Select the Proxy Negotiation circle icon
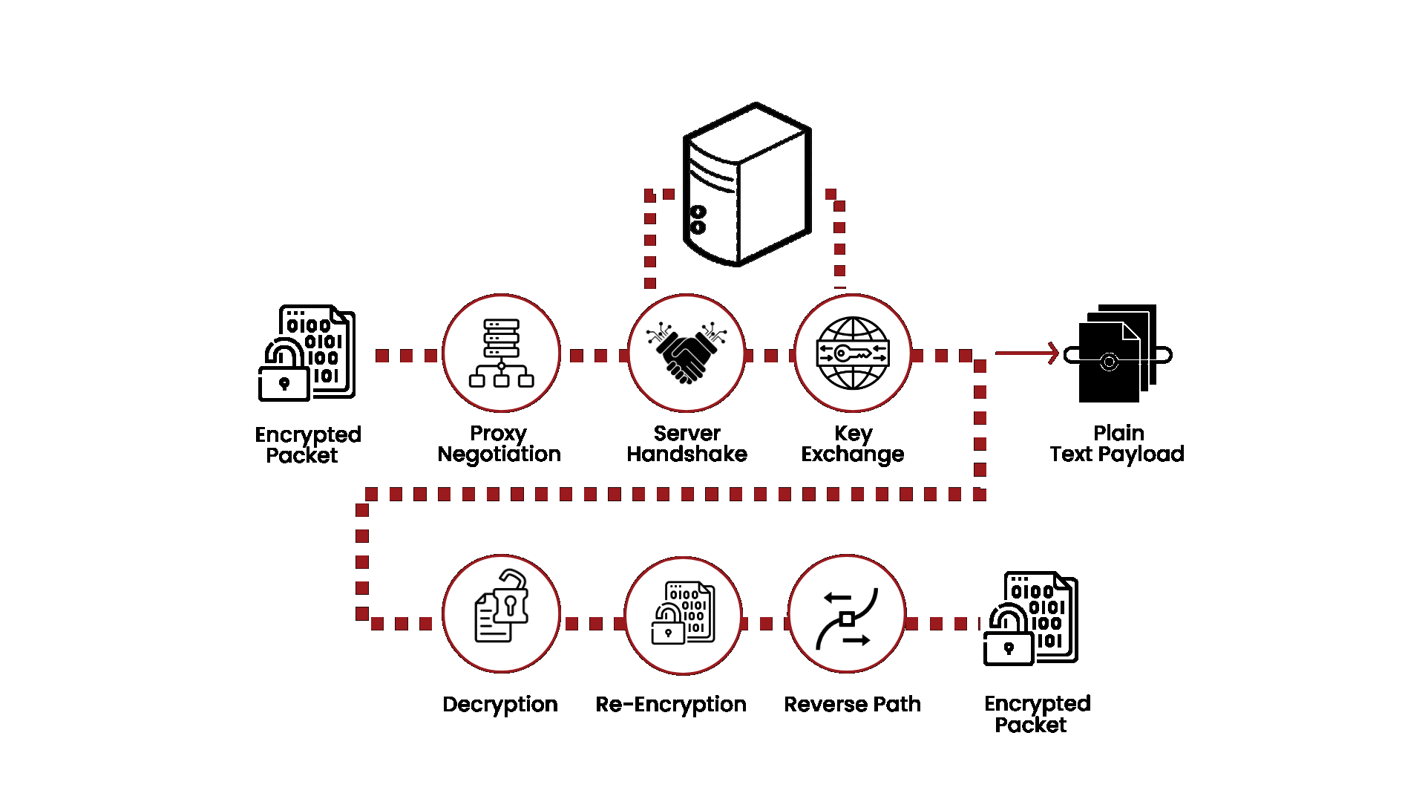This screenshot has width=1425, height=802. point(502,353)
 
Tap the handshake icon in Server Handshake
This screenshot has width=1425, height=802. point(687,353)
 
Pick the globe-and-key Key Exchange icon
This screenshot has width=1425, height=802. point(853,353)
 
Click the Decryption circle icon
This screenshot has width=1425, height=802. point(502,614)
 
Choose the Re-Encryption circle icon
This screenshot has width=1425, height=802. point(684,614)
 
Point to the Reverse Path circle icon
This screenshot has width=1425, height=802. point(847,614)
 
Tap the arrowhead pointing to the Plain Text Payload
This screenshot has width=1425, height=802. point(1052,353)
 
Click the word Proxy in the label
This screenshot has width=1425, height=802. point(498,433)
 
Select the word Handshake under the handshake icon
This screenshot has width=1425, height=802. point(687,454)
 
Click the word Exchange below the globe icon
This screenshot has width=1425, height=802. point(853,454)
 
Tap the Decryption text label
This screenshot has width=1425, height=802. point(500,704)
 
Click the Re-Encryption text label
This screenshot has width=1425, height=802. point(671,704)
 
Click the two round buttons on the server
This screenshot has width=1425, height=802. point(698,220)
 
